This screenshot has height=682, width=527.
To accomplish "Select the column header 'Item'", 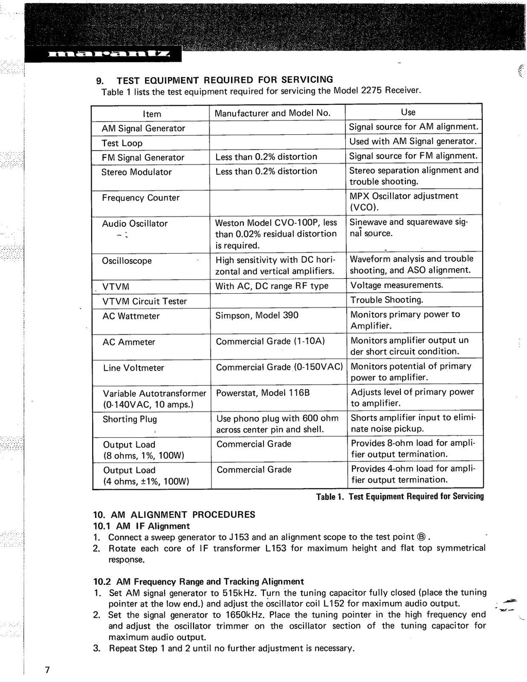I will [152, 114].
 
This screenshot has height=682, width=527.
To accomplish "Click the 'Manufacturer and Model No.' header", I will [272, 113].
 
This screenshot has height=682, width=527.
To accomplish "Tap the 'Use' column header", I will [408, 112].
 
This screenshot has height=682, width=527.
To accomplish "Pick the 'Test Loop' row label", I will [122, 143].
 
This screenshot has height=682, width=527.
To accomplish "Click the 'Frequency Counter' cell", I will [140, 198].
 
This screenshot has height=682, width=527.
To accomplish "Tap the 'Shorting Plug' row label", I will [130, 419].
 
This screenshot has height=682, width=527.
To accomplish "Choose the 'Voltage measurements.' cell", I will [397, 285].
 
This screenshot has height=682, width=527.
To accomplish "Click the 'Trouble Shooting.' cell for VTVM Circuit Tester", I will [387, 300].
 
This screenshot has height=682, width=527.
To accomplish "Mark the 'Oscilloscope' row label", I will [127, 261].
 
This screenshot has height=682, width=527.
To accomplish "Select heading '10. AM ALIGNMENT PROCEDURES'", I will [174, 514].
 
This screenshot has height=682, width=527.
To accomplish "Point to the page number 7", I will [47, 670].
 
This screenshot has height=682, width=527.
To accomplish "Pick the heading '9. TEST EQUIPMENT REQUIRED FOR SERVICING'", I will [215, 80].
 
